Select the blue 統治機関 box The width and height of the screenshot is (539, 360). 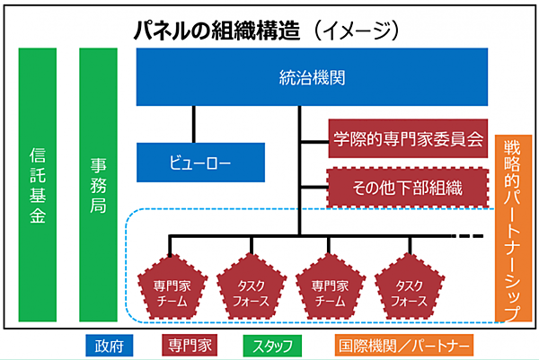point(312,76)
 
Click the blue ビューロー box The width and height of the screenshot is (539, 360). point(200,162)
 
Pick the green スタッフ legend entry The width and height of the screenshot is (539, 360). point(272,345)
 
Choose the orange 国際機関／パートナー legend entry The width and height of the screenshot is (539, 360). point(404,345)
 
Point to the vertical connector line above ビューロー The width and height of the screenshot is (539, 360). point(193,123)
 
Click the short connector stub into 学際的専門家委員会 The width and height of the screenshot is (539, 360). point(314,140)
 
